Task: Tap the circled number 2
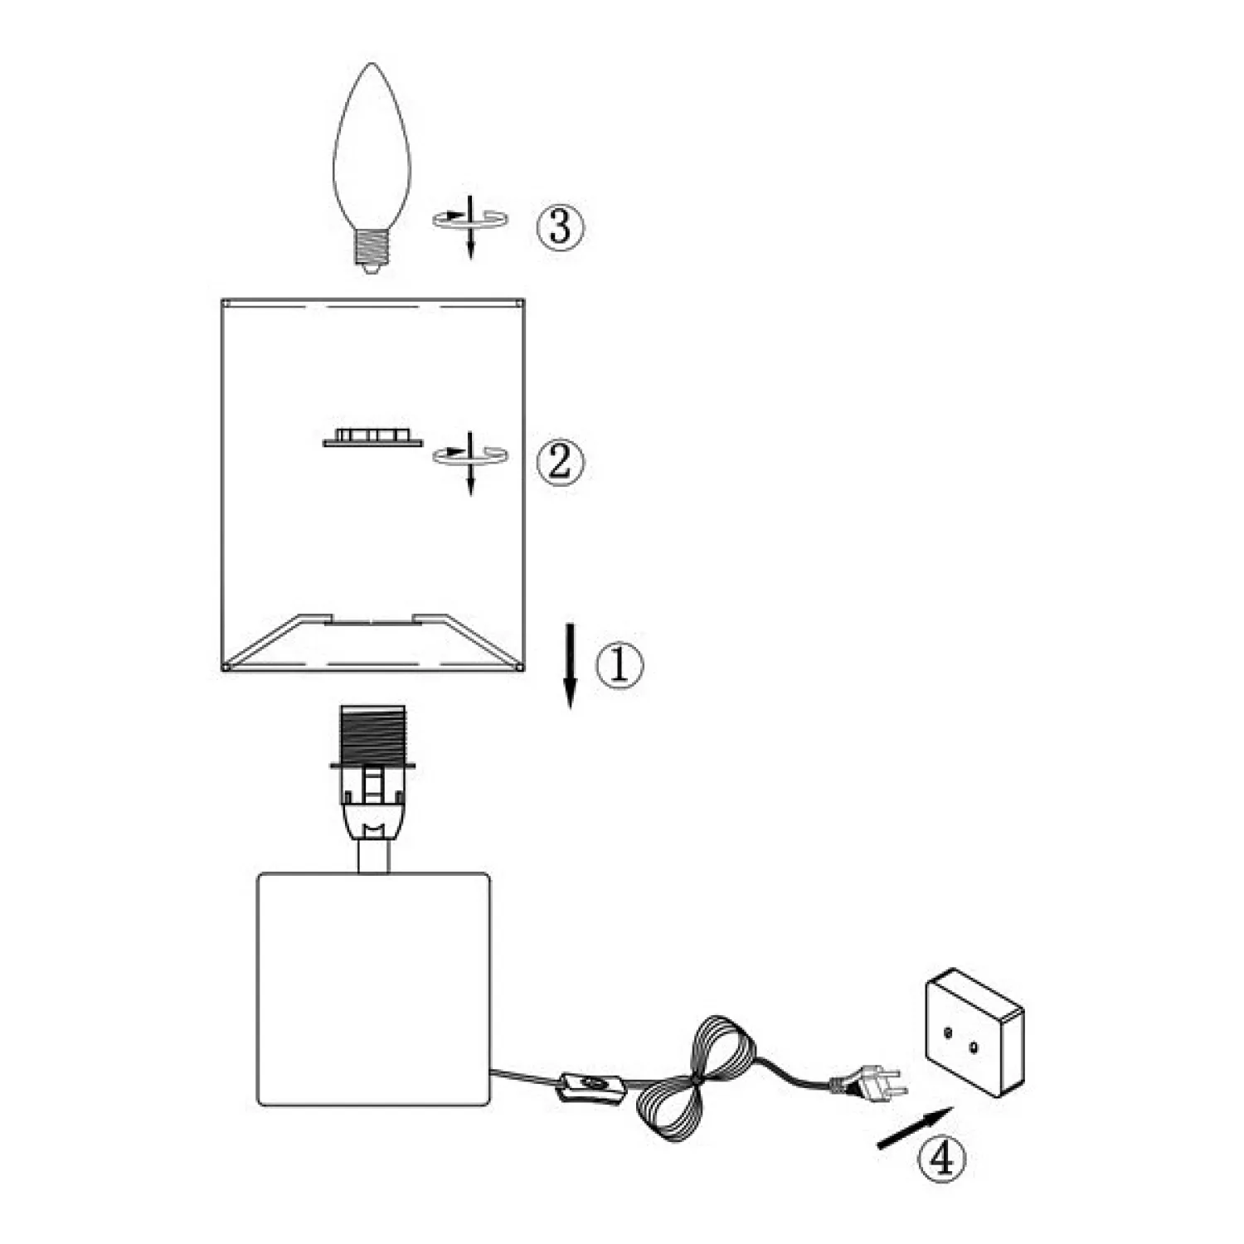560,461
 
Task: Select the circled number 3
560,226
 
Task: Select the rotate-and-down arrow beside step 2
470,459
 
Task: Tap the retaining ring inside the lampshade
372,437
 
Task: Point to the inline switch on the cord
590,1087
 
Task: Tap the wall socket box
974,1033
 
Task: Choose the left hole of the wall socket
946,1032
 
